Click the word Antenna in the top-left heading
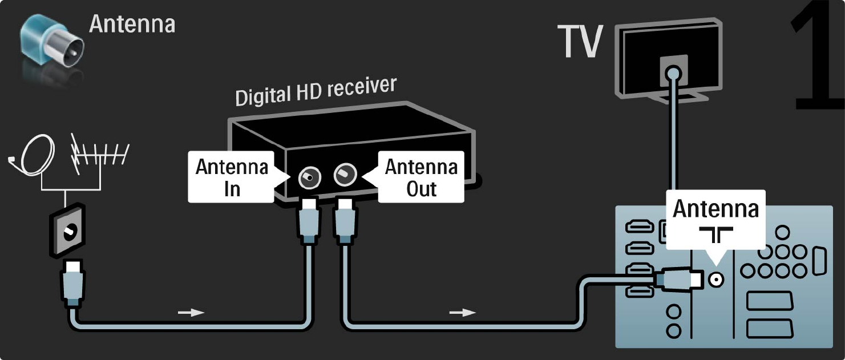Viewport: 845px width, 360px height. click(132, 24)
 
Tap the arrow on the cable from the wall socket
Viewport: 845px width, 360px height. click(189, 313)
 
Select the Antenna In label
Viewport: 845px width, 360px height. click(231, 177)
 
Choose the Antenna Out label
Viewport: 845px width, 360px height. click(421, 177)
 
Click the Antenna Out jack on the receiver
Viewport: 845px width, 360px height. click(344, 173)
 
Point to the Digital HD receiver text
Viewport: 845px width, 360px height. click(316, 91)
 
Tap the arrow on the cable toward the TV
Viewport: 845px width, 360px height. click(462, 312)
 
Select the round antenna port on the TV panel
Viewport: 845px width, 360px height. click(715, 279)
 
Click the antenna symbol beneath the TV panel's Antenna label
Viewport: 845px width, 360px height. click(716, 234)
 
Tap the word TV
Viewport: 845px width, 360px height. click(580, 42)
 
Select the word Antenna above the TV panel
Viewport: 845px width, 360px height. click(716, 209)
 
